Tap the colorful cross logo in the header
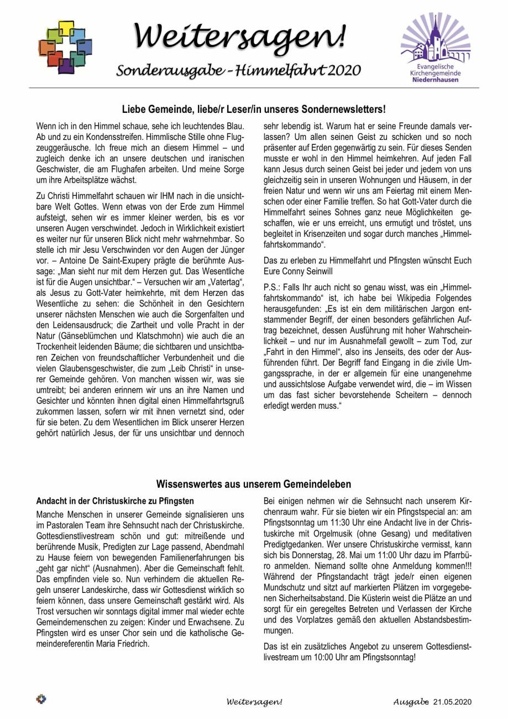click(x=65, y=46)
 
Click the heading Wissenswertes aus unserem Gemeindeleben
click(x=253, y=484)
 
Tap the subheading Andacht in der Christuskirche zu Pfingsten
click(x=115, y=501)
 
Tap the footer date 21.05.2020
click(x=452, y=702)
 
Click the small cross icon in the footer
click(x=41, y=699)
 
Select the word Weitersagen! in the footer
click(x=254, y=702)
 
